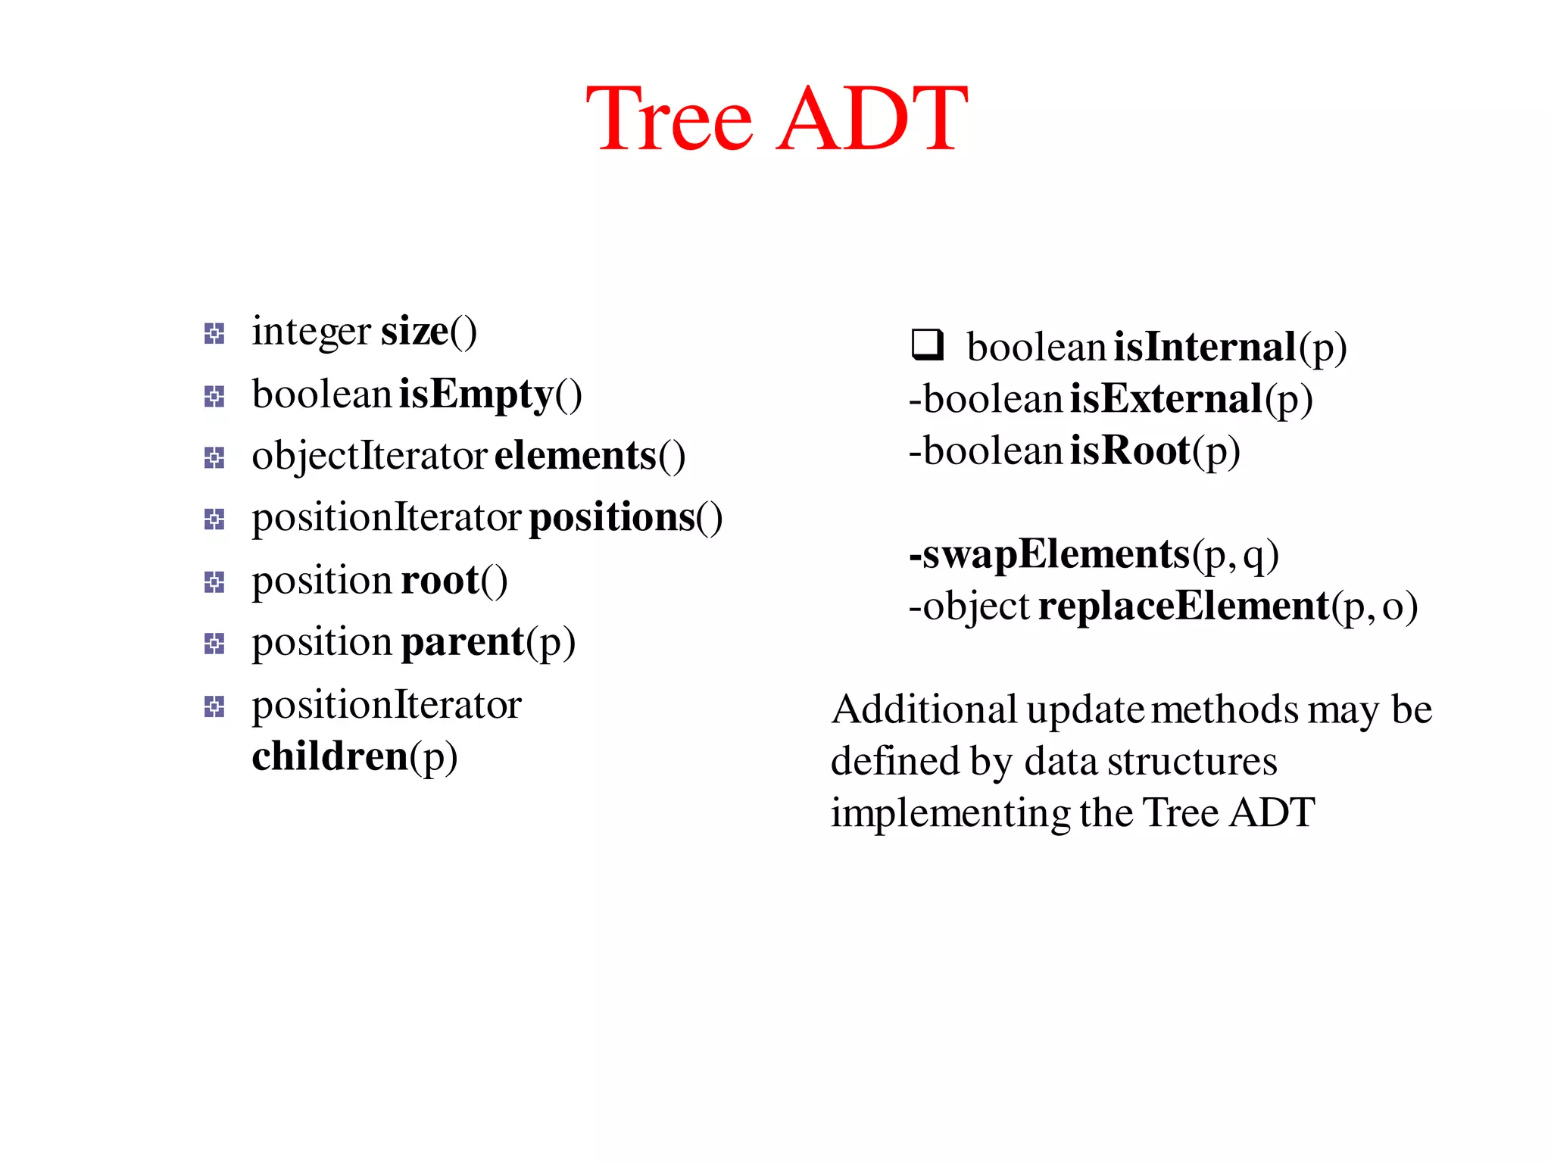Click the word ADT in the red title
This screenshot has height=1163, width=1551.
pyautogui.click(x=872, y=120)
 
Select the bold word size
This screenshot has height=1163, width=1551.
pyautogui.click(x=414, y=332)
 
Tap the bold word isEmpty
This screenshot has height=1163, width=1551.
pyautogui.click(x=476, y=394)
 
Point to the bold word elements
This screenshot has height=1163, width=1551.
pyautogui.click(x=575, y=456)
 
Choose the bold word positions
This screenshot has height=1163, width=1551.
pyautogui.click(x=612, y=518)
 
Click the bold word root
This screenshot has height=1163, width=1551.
pyautogui.click(x=440, y=581)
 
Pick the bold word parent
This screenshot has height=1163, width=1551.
pyautogui.click(x=463, y=642)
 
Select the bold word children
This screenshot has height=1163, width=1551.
pyautogui.click(x=330, y=756)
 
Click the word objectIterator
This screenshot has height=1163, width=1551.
pyautogui.click(x=369, y=456)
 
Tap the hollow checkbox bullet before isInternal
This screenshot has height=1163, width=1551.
pyautogui.click(x=927, y=345)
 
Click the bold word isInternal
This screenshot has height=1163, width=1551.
pyautogui.click(x=1205, y=348)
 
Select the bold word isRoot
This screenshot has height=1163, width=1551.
pyautogui.click(x=1130, y=451)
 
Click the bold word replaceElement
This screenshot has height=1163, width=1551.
pyautogui.click(x=1184, y=606)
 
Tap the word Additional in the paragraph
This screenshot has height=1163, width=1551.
pyautogui.click(x=924, y=710)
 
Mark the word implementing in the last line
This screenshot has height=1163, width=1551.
pyautogui.click(x=950, y=814)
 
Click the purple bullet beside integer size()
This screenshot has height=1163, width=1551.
pyautogui.click(x=214, y=333)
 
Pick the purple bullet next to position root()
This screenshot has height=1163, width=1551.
pyautogui.click(x=214, y=582)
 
